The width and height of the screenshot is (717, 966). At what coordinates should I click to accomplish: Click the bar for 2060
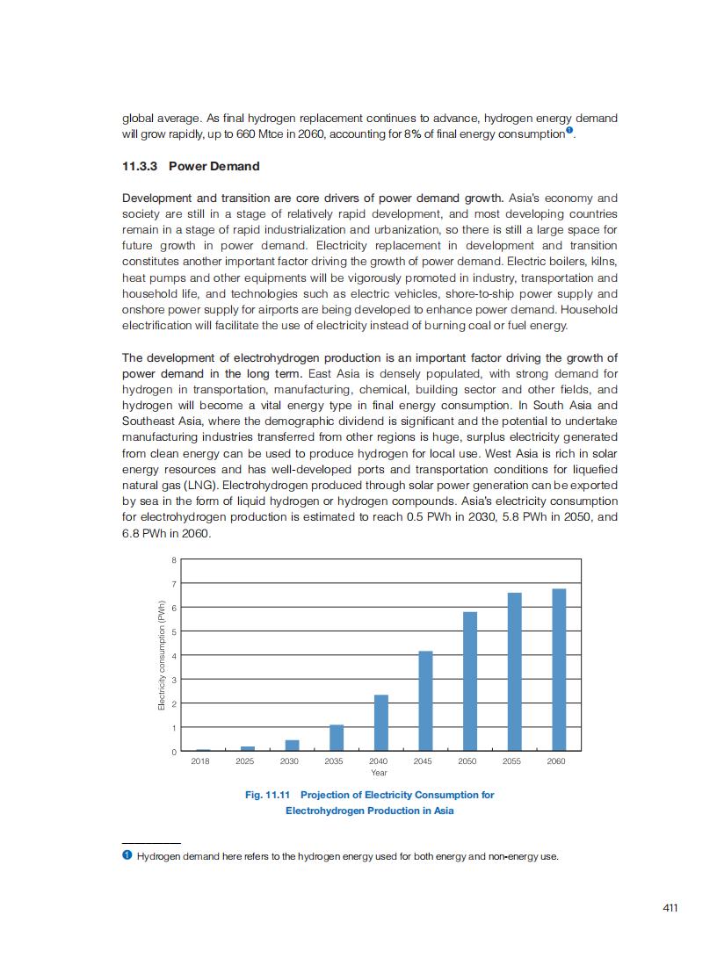559,670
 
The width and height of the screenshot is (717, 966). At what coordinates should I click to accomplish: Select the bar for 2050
470,681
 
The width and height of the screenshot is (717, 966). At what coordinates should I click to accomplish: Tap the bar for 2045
425,701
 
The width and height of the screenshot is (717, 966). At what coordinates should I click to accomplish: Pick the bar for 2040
381,723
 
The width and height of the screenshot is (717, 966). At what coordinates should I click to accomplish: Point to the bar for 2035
337,738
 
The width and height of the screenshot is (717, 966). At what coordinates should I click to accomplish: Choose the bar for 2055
515,672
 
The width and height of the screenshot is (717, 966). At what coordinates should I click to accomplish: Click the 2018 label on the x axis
200,761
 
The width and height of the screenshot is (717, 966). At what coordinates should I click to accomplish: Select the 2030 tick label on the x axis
290,761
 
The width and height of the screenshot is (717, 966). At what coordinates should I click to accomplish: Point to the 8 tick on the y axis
173,559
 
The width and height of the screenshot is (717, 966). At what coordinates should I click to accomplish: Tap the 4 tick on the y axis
173,656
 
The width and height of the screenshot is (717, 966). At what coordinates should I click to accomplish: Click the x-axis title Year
379,773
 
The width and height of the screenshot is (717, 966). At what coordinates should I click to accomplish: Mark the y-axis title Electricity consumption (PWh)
162,655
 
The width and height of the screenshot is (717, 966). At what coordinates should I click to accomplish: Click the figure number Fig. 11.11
267,795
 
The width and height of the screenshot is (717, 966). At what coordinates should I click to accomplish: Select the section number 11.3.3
140,166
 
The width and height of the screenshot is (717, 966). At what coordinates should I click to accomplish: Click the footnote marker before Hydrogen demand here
127,855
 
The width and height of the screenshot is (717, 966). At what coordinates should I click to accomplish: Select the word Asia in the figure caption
443,811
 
